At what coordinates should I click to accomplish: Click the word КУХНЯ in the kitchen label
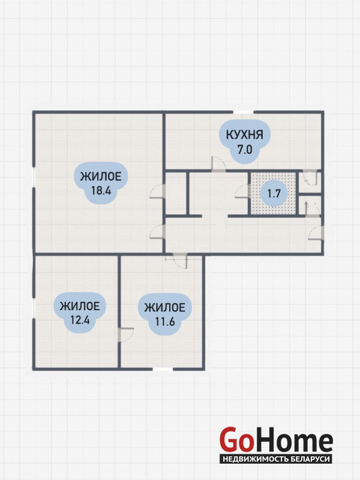(x=244, y=134)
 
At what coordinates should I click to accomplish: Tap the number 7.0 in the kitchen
(x=244, y=150)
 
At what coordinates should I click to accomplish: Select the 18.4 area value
(x=101, y=191)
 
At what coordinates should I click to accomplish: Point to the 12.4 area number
(x=80, y=320)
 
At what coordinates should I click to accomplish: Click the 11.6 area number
(x=164, y=322)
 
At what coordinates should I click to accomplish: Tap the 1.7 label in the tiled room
(x=274, y=193)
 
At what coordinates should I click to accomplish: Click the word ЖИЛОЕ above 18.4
(x=101, y=176)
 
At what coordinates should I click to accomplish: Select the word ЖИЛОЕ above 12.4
(x=80, y=306)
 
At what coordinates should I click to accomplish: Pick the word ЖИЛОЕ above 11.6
(x=164, y=307)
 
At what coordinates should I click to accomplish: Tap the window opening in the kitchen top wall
(x=243, y=112)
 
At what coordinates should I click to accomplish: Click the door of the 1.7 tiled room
(x=242, y=191)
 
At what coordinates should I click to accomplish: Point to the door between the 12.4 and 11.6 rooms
(x=126, y=335)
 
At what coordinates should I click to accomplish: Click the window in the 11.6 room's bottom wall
(x=163, y=369)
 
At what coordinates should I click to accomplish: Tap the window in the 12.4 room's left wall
(x=34, y=308)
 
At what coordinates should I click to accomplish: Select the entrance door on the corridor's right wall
(x=316, y=233)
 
